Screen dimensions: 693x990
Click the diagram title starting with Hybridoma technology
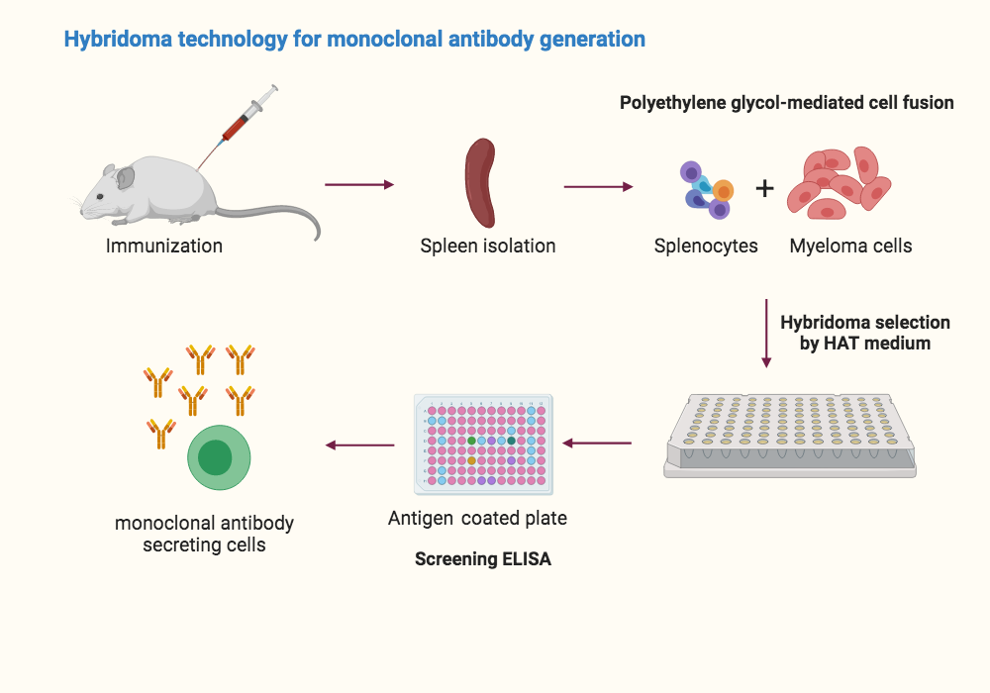click(354, 40)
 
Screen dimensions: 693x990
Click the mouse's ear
click(126, 178)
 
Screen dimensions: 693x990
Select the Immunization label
click(164, 246)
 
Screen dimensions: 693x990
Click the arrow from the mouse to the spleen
click(358, 185)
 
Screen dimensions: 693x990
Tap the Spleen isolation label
click(487, 246)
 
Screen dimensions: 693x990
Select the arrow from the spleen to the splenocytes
click(598, 186)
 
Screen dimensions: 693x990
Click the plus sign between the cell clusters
click(764, 188)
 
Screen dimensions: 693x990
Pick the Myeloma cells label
click(850, 246)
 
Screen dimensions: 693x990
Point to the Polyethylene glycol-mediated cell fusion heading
click(786, 102)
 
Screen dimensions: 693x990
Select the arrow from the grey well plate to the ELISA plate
click(597, 443)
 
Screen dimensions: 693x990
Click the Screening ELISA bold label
click(482, 559)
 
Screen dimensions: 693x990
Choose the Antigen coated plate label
click(477, 518)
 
